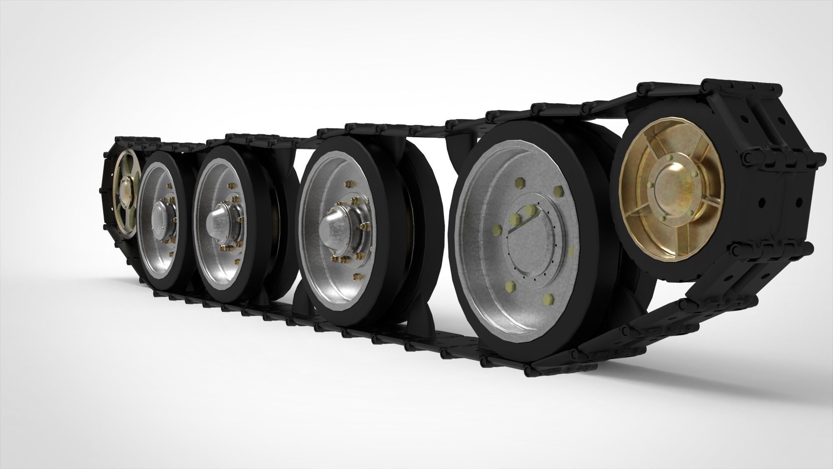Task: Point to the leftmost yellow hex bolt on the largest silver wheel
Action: (496, 229)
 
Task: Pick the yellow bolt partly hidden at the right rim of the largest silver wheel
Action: (571, 251)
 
